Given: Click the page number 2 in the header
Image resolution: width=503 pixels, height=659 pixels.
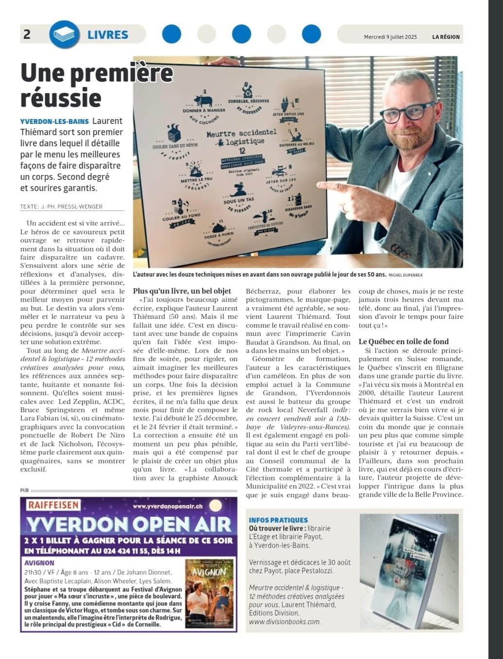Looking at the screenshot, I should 27,34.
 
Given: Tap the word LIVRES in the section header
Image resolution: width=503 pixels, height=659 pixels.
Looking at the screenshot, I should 108,35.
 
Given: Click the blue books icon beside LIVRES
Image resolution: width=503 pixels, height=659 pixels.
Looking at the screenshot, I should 64,35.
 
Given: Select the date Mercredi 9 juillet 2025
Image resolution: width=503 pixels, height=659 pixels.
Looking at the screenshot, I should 390,37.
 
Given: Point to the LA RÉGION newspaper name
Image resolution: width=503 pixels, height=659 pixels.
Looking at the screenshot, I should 446,37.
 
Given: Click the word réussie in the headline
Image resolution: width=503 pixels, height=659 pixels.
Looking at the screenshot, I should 61,97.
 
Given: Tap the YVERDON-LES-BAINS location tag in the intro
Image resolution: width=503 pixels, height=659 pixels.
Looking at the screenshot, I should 54,121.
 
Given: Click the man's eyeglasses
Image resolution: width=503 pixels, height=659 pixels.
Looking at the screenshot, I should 411,112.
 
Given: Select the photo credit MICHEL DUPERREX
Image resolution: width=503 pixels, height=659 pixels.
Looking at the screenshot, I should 405,275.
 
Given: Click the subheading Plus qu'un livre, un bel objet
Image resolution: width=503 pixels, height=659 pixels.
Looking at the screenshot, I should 182,291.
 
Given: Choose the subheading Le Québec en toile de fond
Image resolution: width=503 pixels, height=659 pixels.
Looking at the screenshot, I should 403,341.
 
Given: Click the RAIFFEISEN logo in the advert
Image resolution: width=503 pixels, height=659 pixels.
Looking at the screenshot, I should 53,505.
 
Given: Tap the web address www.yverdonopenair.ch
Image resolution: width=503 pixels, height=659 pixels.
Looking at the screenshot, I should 174,506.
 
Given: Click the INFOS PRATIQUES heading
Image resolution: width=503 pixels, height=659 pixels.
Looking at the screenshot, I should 278,520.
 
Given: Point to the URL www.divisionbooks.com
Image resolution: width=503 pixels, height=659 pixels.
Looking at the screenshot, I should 284,622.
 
